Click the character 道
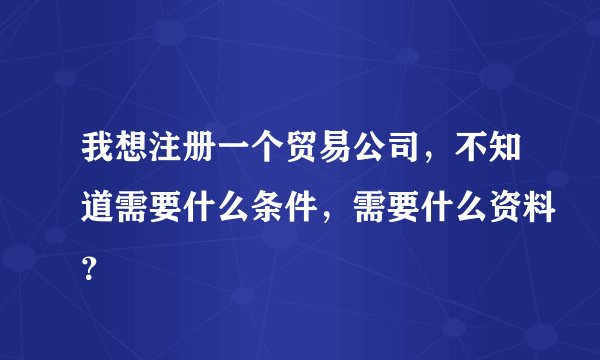click(86, 202)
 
